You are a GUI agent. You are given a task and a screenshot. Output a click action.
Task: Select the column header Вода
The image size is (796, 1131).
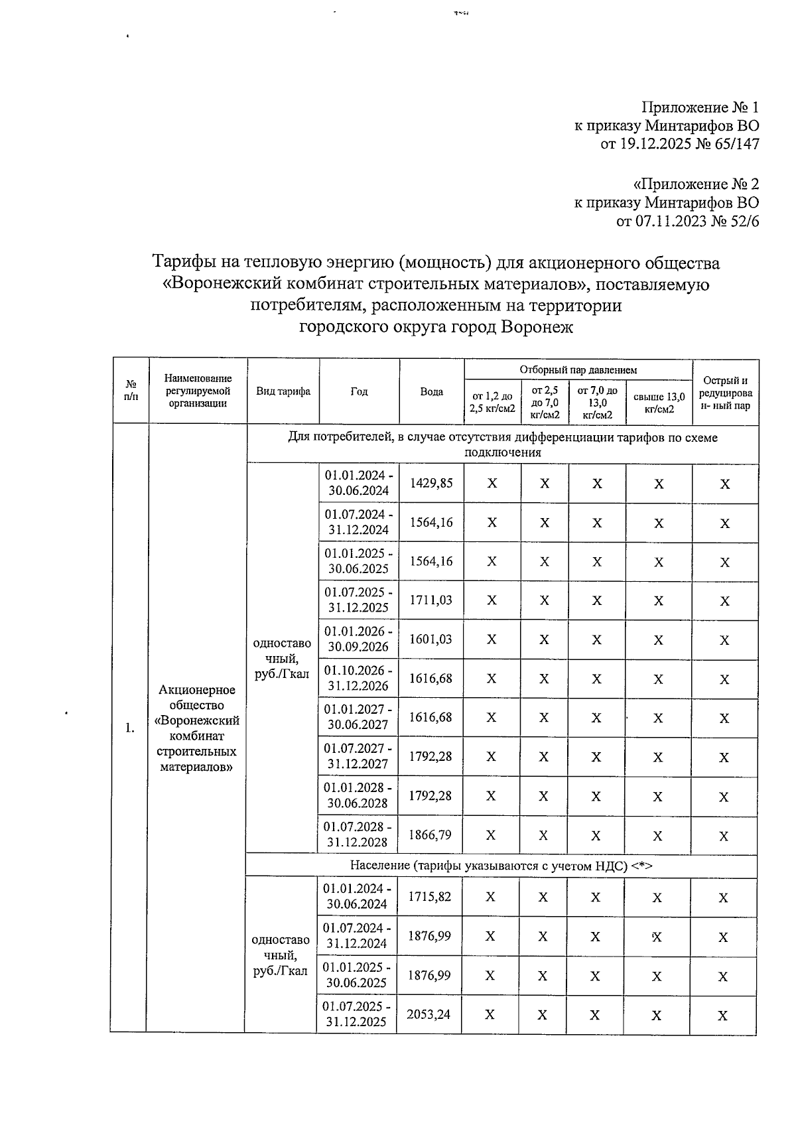tap(432, 391)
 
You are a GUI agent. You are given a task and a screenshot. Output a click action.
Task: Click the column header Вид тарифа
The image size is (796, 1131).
tap(283, 391)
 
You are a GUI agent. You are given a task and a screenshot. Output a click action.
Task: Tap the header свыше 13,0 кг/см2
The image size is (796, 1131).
tap(659, 403)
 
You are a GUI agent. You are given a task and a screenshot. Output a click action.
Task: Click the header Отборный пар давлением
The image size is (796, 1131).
tap(578, 369)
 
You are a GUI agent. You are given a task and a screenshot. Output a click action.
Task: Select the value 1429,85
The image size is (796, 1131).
tap(431, 484)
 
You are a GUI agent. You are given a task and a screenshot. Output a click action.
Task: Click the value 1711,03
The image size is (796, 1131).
tap(431, 600)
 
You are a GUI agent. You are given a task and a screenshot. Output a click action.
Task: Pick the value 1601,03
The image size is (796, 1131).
tap(431, 639)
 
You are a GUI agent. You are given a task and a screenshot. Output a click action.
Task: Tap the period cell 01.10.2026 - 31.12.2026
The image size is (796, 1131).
tap(358, 678)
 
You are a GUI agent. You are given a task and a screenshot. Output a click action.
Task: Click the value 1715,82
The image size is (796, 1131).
tap(429, 897)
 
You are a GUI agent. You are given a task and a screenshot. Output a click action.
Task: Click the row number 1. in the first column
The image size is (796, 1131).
tap(130, 728)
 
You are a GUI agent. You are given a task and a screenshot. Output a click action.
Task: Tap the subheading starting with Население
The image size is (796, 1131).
tap(502, 866)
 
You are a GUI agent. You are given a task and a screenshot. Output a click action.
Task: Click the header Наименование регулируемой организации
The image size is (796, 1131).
tap(198, 391)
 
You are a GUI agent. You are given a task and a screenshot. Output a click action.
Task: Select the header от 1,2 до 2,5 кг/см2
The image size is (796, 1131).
tap(492, 403)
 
